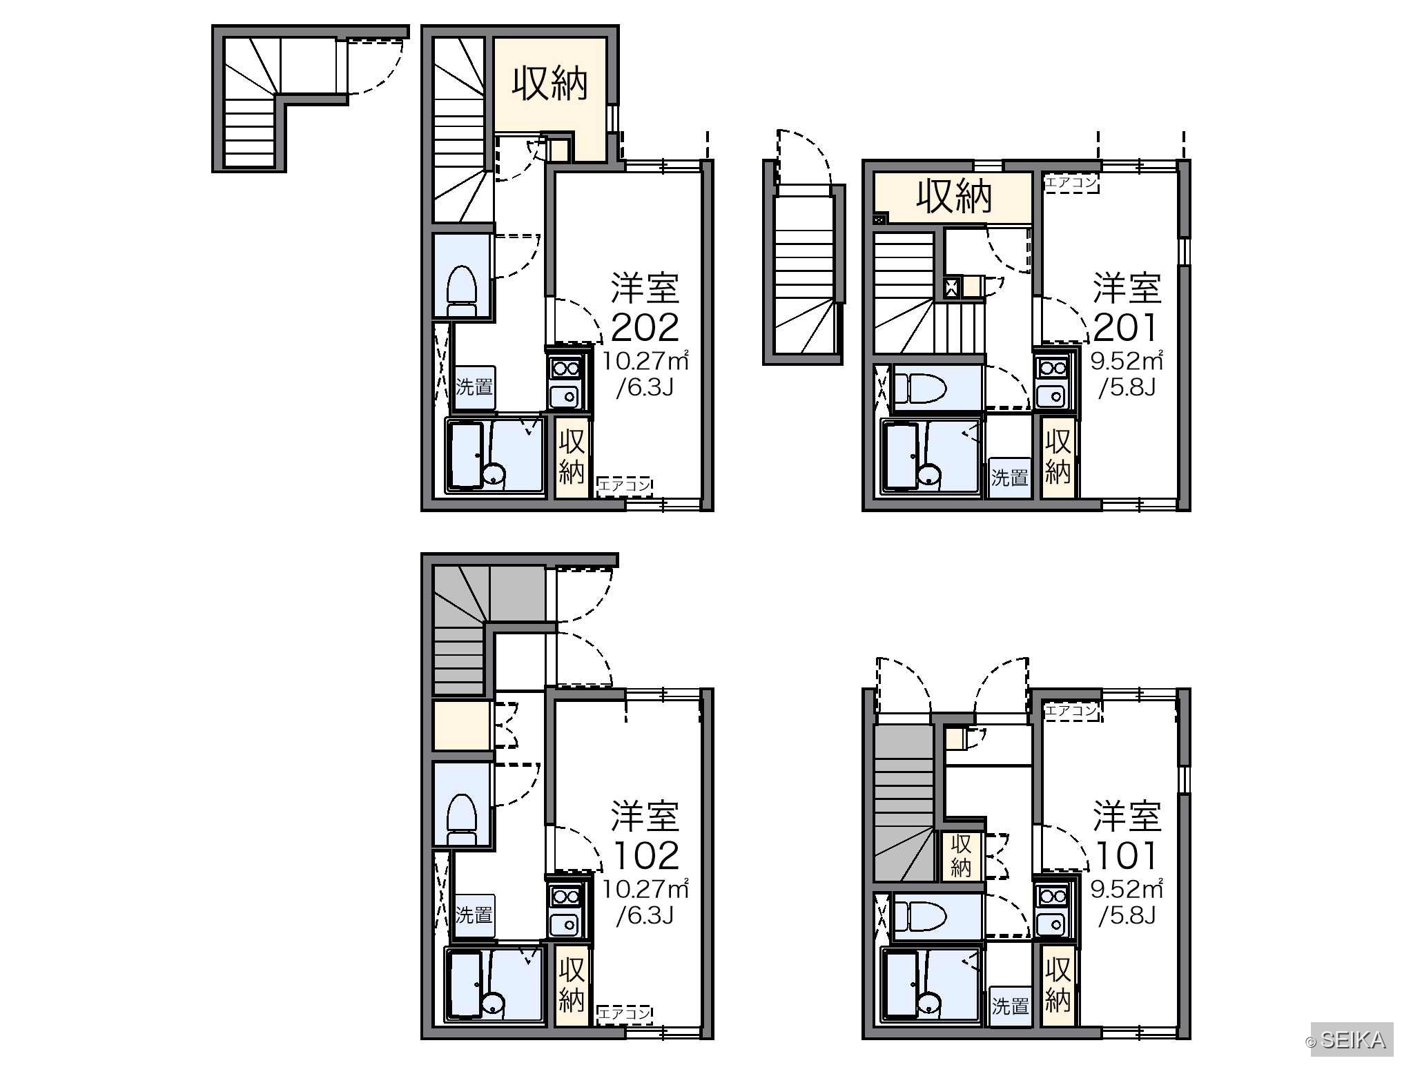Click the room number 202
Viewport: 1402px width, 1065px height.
tap(645, 328)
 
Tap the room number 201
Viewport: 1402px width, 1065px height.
tap(1125, 328)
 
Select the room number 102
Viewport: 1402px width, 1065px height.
tap(645, 856)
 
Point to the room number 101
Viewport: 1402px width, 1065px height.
tap(1125, 856)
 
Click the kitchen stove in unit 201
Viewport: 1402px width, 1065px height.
tap(1053, 369)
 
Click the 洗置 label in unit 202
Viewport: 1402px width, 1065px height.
tap(474, 387)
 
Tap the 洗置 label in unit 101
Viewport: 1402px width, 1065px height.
tap(1010, 1006)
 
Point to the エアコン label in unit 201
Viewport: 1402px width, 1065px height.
tap(1071, 183)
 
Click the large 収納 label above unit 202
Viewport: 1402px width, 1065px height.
tap(550, 84)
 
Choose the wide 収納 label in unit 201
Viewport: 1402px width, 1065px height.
tap(954, 196)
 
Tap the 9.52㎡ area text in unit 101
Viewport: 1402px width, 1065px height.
tap(1127, 888)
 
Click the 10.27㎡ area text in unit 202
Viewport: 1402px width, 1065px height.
tap(645, 360)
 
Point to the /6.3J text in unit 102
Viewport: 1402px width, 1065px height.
tap(645, 915)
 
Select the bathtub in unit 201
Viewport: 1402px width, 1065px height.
tap(901, 456)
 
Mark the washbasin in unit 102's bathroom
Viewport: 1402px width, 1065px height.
tap(494, 1003)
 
